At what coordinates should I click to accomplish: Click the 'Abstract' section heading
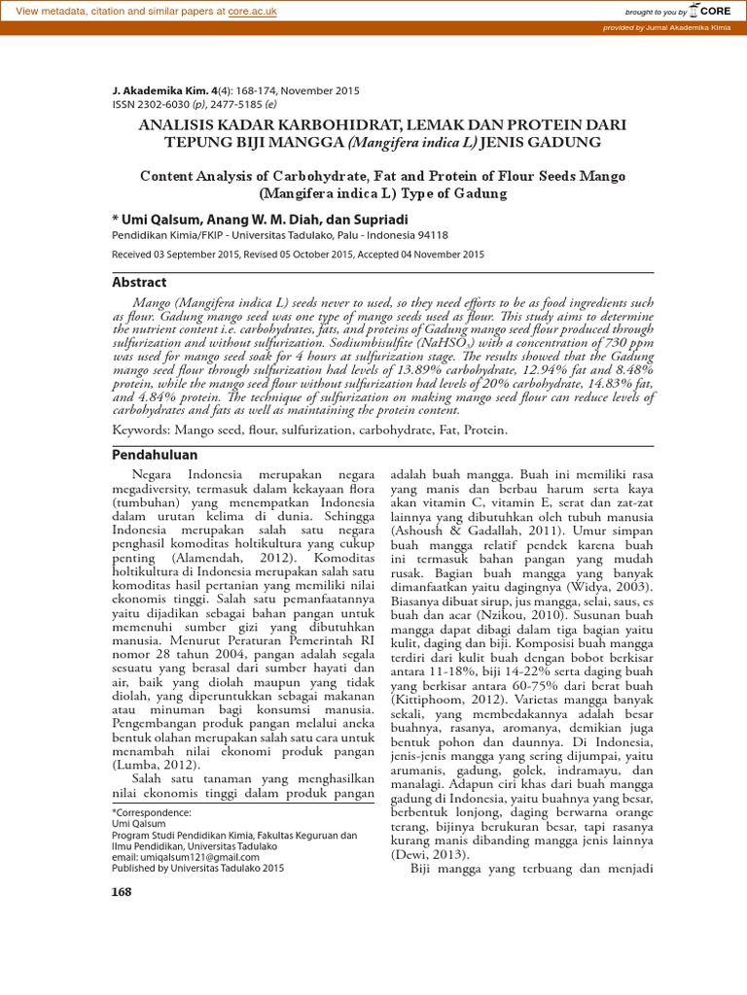click(x=140, y=282)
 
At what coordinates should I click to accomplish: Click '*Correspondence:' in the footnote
click(x=153, y=809)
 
